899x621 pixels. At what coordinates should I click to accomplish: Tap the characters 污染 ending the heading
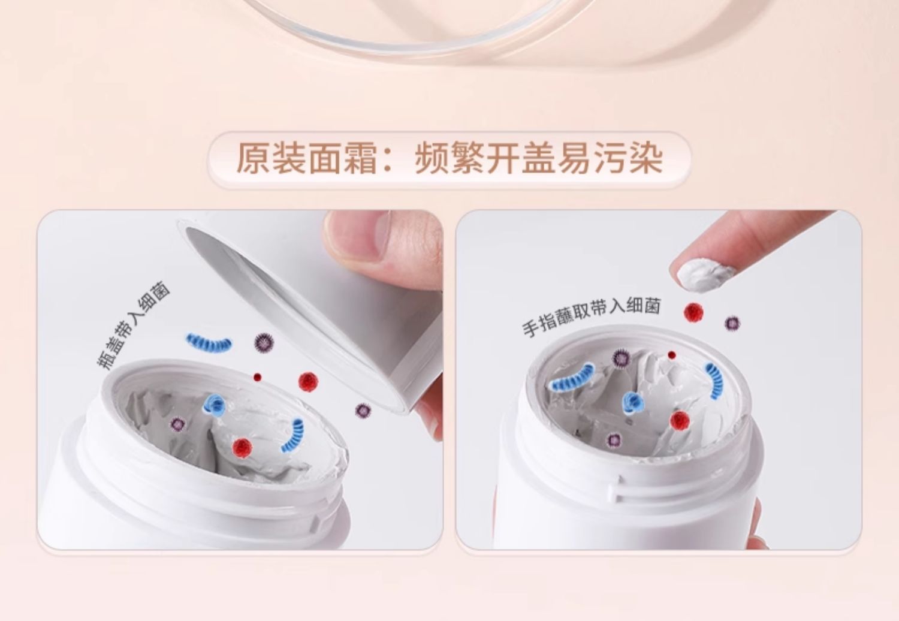coord(628,159)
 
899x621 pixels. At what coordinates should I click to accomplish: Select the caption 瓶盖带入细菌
coord(133,324)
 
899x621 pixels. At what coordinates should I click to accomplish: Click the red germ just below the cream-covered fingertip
coord(693,312)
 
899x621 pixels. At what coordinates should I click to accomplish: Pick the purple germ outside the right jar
coord(732,322)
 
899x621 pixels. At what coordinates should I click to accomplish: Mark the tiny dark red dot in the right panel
coord(671,355)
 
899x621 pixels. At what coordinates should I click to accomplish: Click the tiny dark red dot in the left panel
coord(257,378)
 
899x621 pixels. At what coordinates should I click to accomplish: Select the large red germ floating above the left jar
coord(308,381)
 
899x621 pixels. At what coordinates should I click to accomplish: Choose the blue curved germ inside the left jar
coord(294,436)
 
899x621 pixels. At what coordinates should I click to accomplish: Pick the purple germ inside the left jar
coord(177,424)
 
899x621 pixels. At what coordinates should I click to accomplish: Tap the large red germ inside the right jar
coord(680,420)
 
